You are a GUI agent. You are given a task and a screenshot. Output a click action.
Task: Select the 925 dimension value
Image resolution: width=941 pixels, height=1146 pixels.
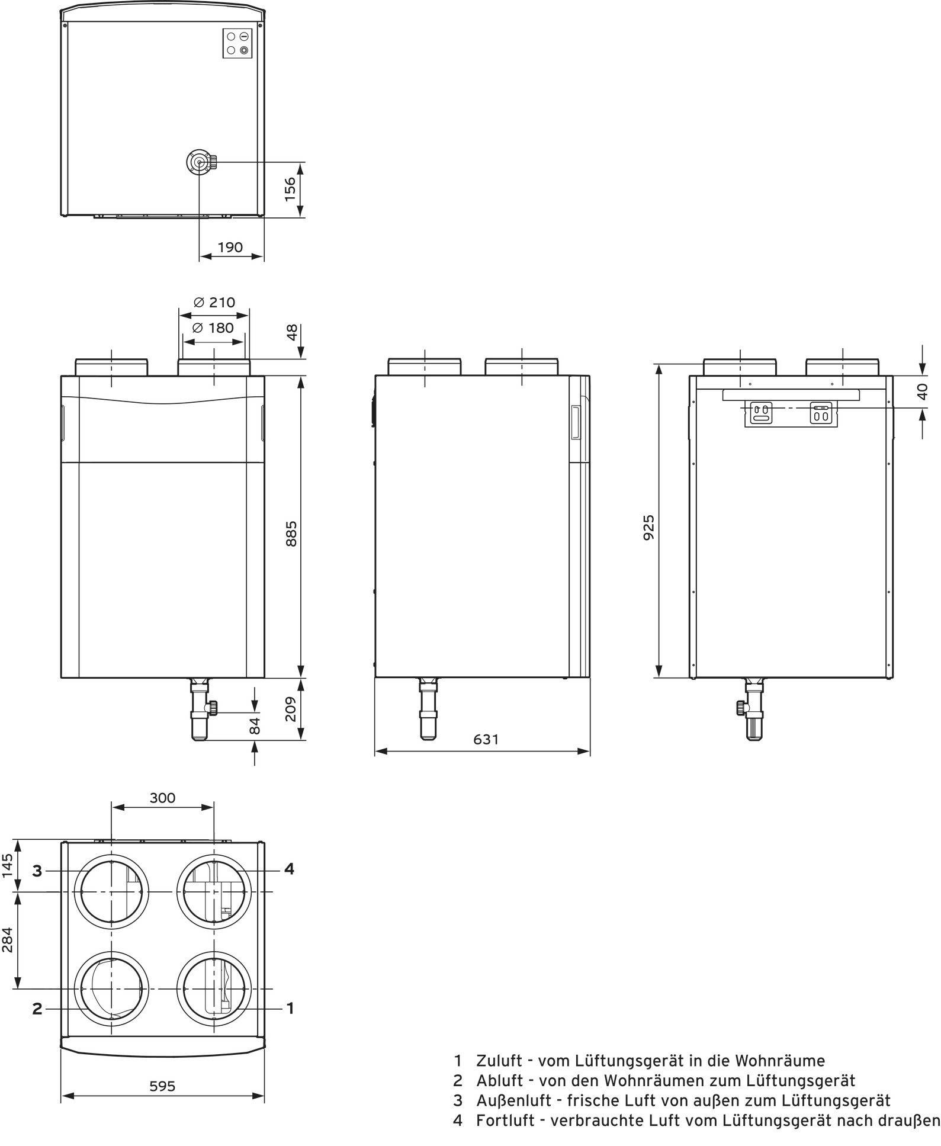[649, 528]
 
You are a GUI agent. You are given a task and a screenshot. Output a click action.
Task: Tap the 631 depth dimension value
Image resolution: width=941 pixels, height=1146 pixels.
[486, 739]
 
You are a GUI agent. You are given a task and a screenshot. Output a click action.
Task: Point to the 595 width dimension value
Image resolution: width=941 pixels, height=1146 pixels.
[162, 1086]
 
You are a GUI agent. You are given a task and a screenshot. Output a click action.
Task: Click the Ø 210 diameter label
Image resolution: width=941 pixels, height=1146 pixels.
[214, 302]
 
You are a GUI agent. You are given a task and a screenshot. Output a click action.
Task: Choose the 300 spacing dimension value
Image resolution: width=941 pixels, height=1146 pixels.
[162, 798]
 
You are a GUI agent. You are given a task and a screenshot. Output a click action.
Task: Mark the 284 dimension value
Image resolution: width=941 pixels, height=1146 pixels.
[7, 940]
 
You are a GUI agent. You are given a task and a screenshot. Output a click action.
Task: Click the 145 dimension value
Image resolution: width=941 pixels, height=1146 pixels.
[7, 865]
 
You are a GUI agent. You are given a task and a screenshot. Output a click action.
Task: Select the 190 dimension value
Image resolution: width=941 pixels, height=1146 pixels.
[230, 247]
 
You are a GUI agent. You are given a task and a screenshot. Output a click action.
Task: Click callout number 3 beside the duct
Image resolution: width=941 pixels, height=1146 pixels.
[37, 871]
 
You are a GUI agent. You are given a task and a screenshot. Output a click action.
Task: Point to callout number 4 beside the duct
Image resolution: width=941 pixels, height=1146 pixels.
[289, 868]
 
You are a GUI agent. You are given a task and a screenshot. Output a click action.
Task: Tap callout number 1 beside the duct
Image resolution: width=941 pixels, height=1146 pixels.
[290, 1007]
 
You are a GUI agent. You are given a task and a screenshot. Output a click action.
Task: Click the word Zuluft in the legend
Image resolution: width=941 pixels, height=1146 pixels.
[499, 1060]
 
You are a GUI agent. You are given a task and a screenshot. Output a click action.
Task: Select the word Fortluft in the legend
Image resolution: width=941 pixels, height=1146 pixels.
[503, 1121]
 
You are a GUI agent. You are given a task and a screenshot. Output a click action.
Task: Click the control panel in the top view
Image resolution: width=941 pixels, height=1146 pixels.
[237, 43]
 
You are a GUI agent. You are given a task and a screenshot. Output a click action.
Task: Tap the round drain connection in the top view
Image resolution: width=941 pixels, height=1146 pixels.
[199, 162]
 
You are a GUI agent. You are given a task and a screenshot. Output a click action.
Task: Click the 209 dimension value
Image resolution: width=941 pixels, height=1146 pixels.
[290, 709]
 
